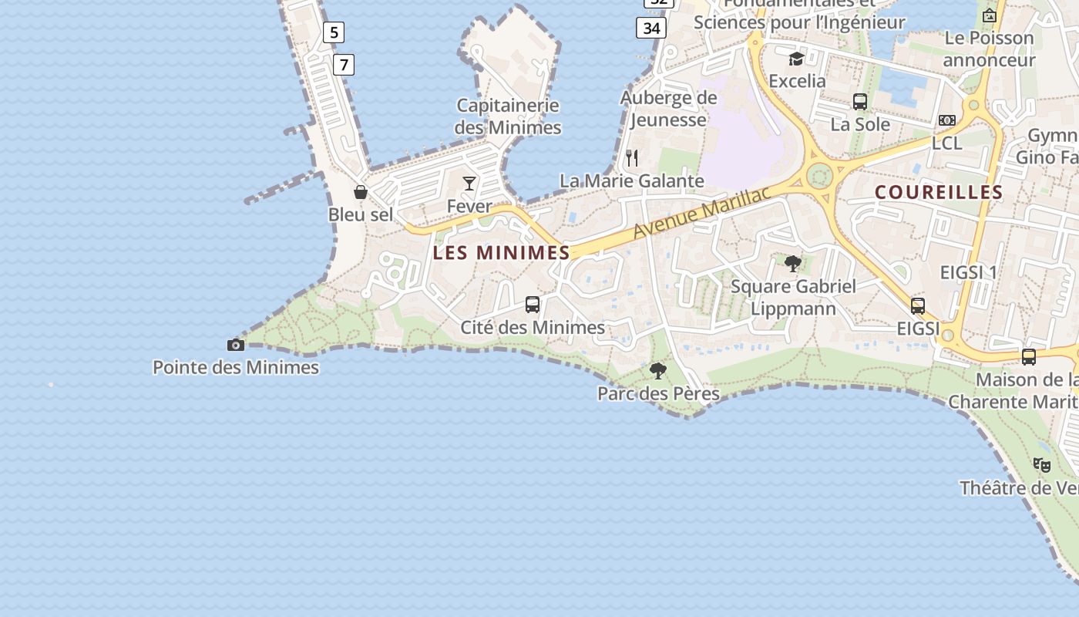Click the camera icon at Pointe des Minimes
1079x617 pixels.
click(236, 345)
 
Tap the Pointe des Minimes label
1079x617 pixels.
click(236, 367)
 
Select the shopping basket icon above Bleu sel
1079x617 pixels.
click(360, 192)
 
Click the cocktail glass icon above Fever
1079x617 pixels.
click(469, 184)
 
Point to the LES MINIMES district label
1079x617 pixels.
click(501, 252)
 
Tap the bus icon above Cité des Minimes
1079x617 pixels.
click(533, 305)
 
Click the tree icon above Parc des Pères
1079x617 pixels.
click(658, 371)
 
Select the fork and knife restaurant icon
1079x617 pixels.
click(632, 158)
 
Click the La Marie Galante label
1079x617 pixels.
click(631, 181)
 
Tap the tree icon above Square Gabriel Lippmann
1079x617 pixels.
click(793, 264)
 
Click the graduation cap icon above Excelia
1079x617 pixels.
click(796, 59)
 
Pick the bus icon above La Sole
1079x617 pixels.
click(860, 102)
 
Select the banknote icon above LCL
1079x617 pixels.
click(947, 120)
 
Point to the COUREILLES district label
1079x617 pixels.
click(939, 192)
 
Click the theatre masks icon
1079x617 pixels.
click(1041, 464)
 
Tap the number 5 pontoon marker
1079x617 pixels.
click(333, 32)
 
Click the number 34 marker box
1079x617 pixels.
click(651, 29)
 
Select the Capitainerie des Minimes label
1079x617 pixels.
click(508, 116)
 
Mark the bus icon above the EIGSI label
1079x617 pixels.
click(918, 306)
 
